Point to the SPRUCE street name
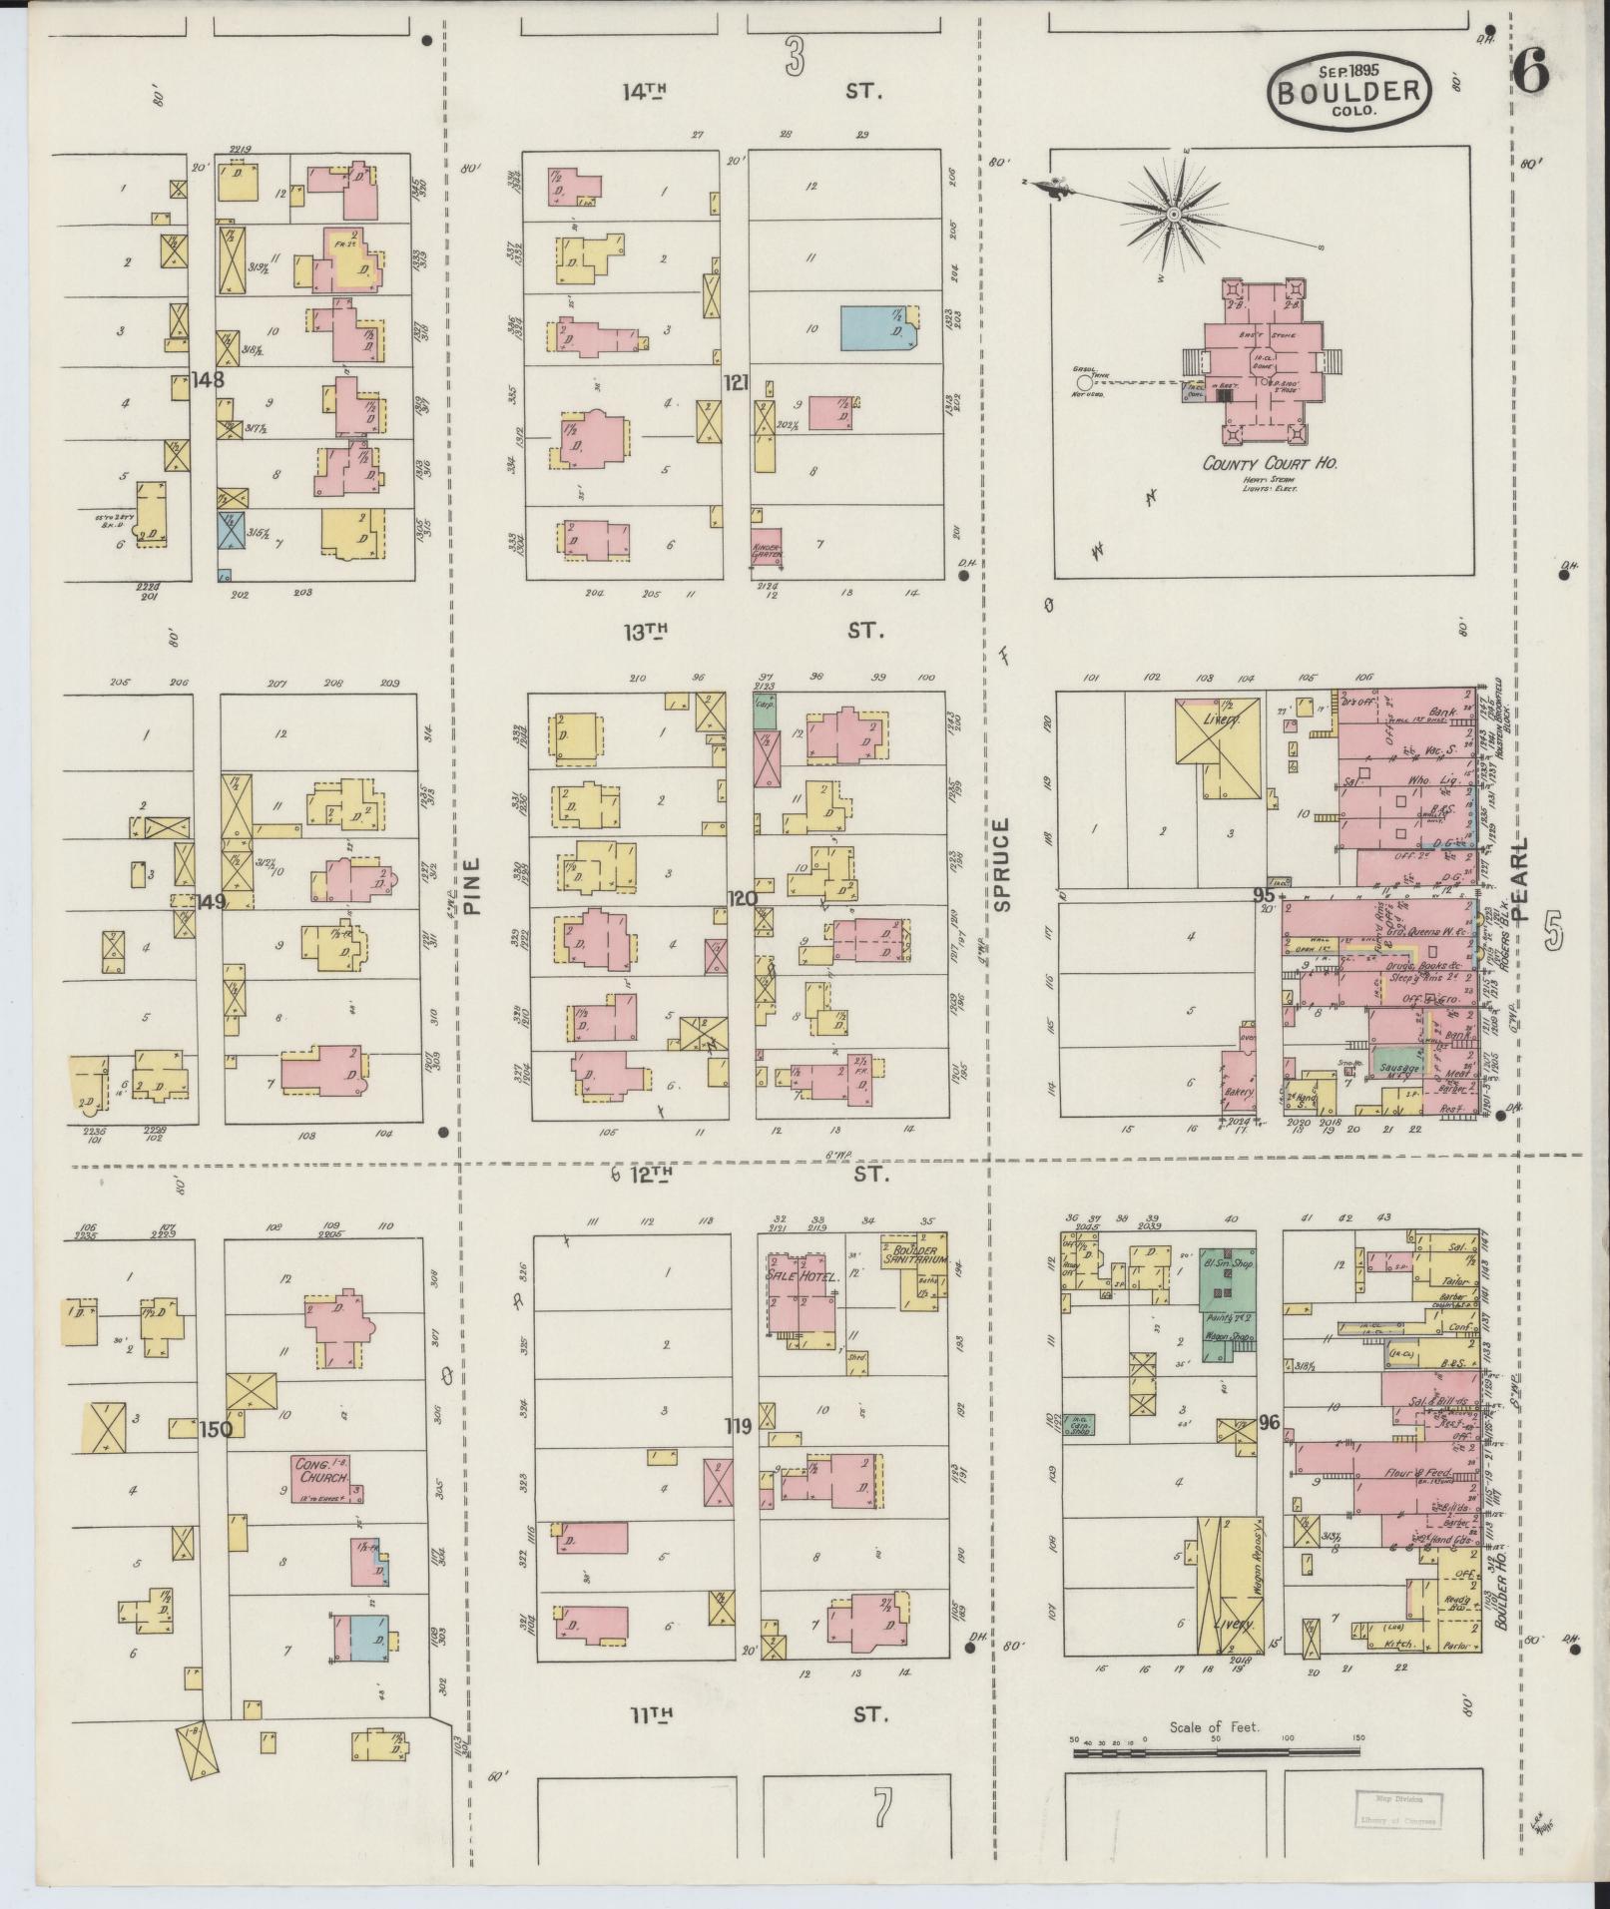1001,864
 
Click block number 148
209,380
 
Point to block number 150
215,1429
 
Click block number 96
1268,1422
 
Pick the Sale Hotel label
799,1276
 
